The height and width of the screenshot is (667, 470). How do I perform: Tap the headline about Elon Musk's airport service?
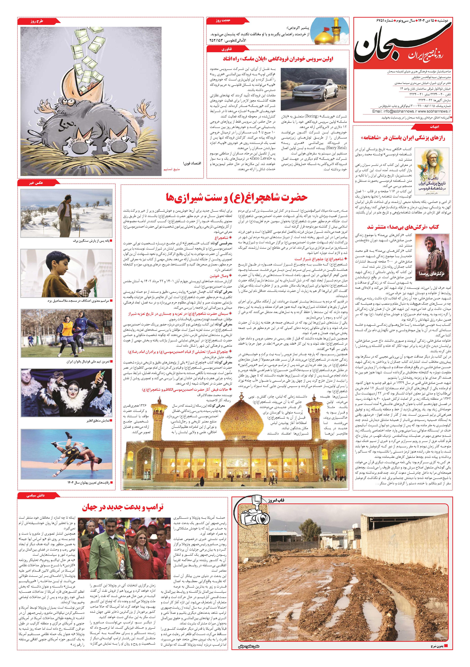coord(278,59)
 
